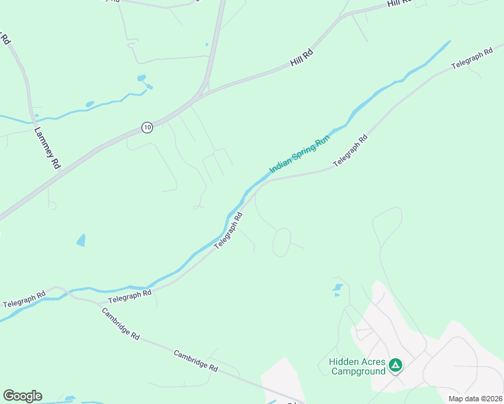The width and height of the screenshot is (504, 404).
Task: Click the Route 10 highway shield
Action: click(148, 127)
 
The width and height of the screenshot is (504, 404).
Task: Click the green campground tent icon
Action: click(396, 366)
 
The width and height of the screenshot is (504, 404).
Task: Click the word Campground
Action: click(358, 371)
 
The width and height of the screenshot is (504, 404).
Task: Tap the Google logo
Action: click(22, 396)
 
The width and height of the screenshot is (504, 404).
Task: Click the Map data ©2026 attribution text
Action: click(475, 399)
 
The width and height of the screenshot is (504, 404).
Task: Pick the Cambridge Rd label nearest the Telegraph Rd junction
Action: click(120, 324)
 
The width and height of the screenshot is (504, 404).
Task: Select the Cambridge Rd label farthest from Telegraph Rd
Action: click(195, 360)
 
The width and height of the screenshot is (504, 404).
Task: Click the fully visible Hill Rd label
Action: click(303, 59)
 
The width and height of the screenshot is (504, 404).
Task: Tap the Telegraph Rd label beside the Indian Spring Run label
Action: click(350, 151)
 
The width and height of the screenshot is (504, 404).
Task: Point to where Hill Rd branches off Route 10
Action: click(203, 93)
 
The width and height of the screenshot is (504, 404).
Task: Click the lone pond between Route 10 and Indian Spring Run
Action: click(82, 240)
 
